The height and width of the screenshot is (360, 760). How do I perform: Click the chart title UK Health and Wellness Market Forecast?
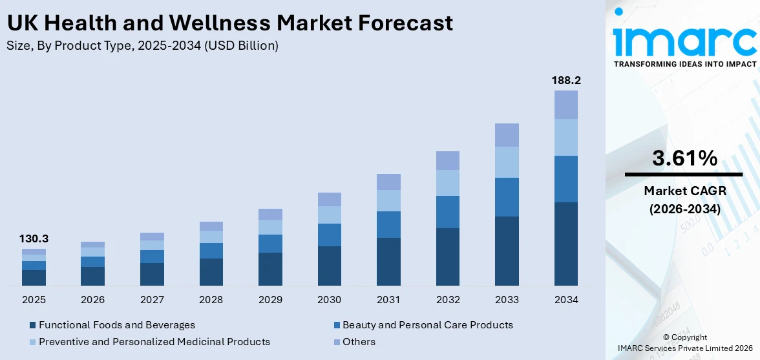(229, 23)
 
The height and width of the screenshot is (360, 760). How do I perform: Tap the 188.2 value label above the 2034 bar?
(565, 80)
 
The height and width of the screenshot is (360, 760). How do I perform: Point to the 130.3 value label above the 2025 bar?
(34, 239)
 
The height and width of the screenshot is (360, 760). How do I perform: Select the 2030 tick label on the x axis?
(330, 300)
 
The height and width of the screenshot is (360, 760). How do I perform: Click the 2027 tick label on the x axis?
(152, 300)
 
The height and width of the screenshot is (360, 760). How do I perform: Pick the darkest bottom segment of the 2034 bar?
(565, 244)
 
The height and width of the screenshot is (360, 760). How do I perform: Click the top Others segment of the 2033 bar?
(507, 135)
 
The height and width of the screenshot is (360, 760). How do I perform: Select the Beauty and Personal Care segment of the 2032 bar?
(447, 212)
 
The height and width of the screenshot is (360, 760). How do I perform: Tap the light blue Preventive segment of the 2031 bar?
(388, 200)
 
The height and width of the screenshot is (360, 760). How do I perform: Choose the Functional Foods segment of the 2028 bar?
(211, 272)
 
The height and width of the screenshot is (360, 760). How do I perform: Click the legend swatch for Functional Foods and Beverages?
(33, 325)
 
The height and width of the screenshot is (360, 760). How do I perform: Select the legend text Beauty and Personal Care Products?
(427, 325)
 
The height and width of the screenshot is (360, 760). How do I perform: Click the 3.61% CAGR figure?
(684, 158)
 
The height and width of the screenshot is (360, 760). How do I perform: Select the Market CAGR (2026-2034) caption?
(684, 200)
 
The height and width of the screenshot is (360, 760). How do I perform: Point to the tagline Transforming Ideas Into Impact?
(684, 64)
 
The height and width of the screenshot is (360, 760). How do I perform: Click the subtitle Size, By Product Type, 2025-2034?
(143, 45)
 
